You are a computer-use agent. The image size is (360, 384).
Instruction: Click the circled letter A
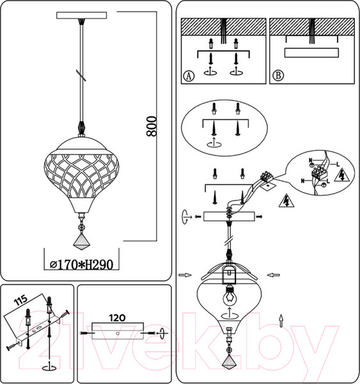click(x=188, y=76)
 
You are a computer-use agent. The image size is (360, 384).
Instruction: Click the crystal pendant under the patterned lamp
click(x=81, y=239)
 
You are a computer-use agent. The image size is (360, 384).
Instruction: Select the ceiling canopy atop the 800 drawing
click(x=81, y=15)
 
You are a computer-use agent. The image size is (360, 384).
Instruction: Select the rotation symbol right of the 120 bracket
click(x=161, y=334)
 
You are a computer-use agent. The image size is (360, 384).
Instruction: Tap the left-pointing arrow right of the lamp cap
click(x=274, y=276)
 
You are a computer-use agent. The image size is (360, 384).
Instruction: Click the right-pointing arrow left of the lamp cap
click(x=183, y=276)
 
